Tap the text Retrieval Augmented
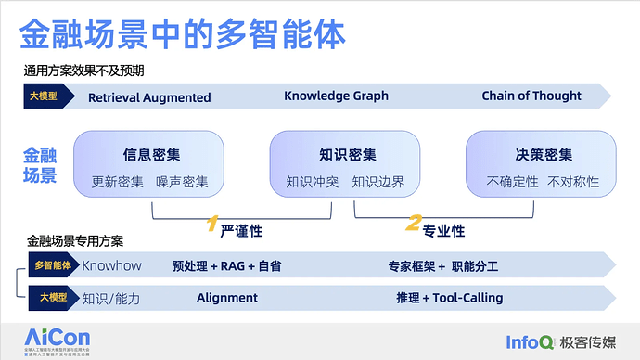149,97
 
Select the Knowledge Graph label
336,96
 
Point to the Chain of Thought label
531,96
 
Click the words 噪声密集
182,182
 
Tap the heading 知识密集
348,155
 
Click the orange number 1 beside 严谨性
211,224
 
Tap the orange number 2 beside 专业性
414,224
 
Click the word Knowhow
111,266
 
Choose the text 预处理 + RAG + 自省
226,267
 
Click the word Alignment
227,298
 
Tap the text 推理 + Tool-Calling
449,298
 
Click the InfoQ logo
530,341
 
